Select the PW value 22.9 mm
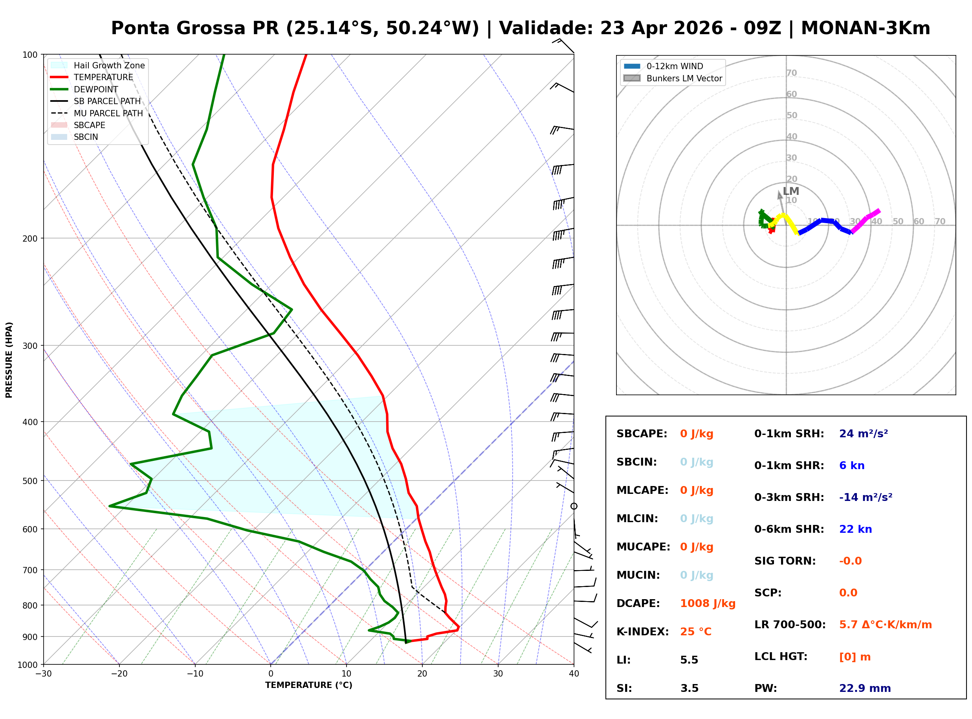864,688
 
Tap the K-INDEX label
642,631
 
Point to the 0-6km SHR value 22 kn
855,529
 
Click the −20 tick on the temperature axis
119,674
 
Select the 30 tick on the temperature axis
498,674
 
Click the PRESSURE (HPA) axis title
9,359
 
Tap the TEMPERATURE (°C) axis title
308,685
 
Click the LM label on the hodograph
790,191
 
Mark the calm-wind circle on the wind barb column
574,506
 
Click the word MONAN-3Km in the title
866,28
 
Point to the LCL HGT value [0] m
855,657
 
